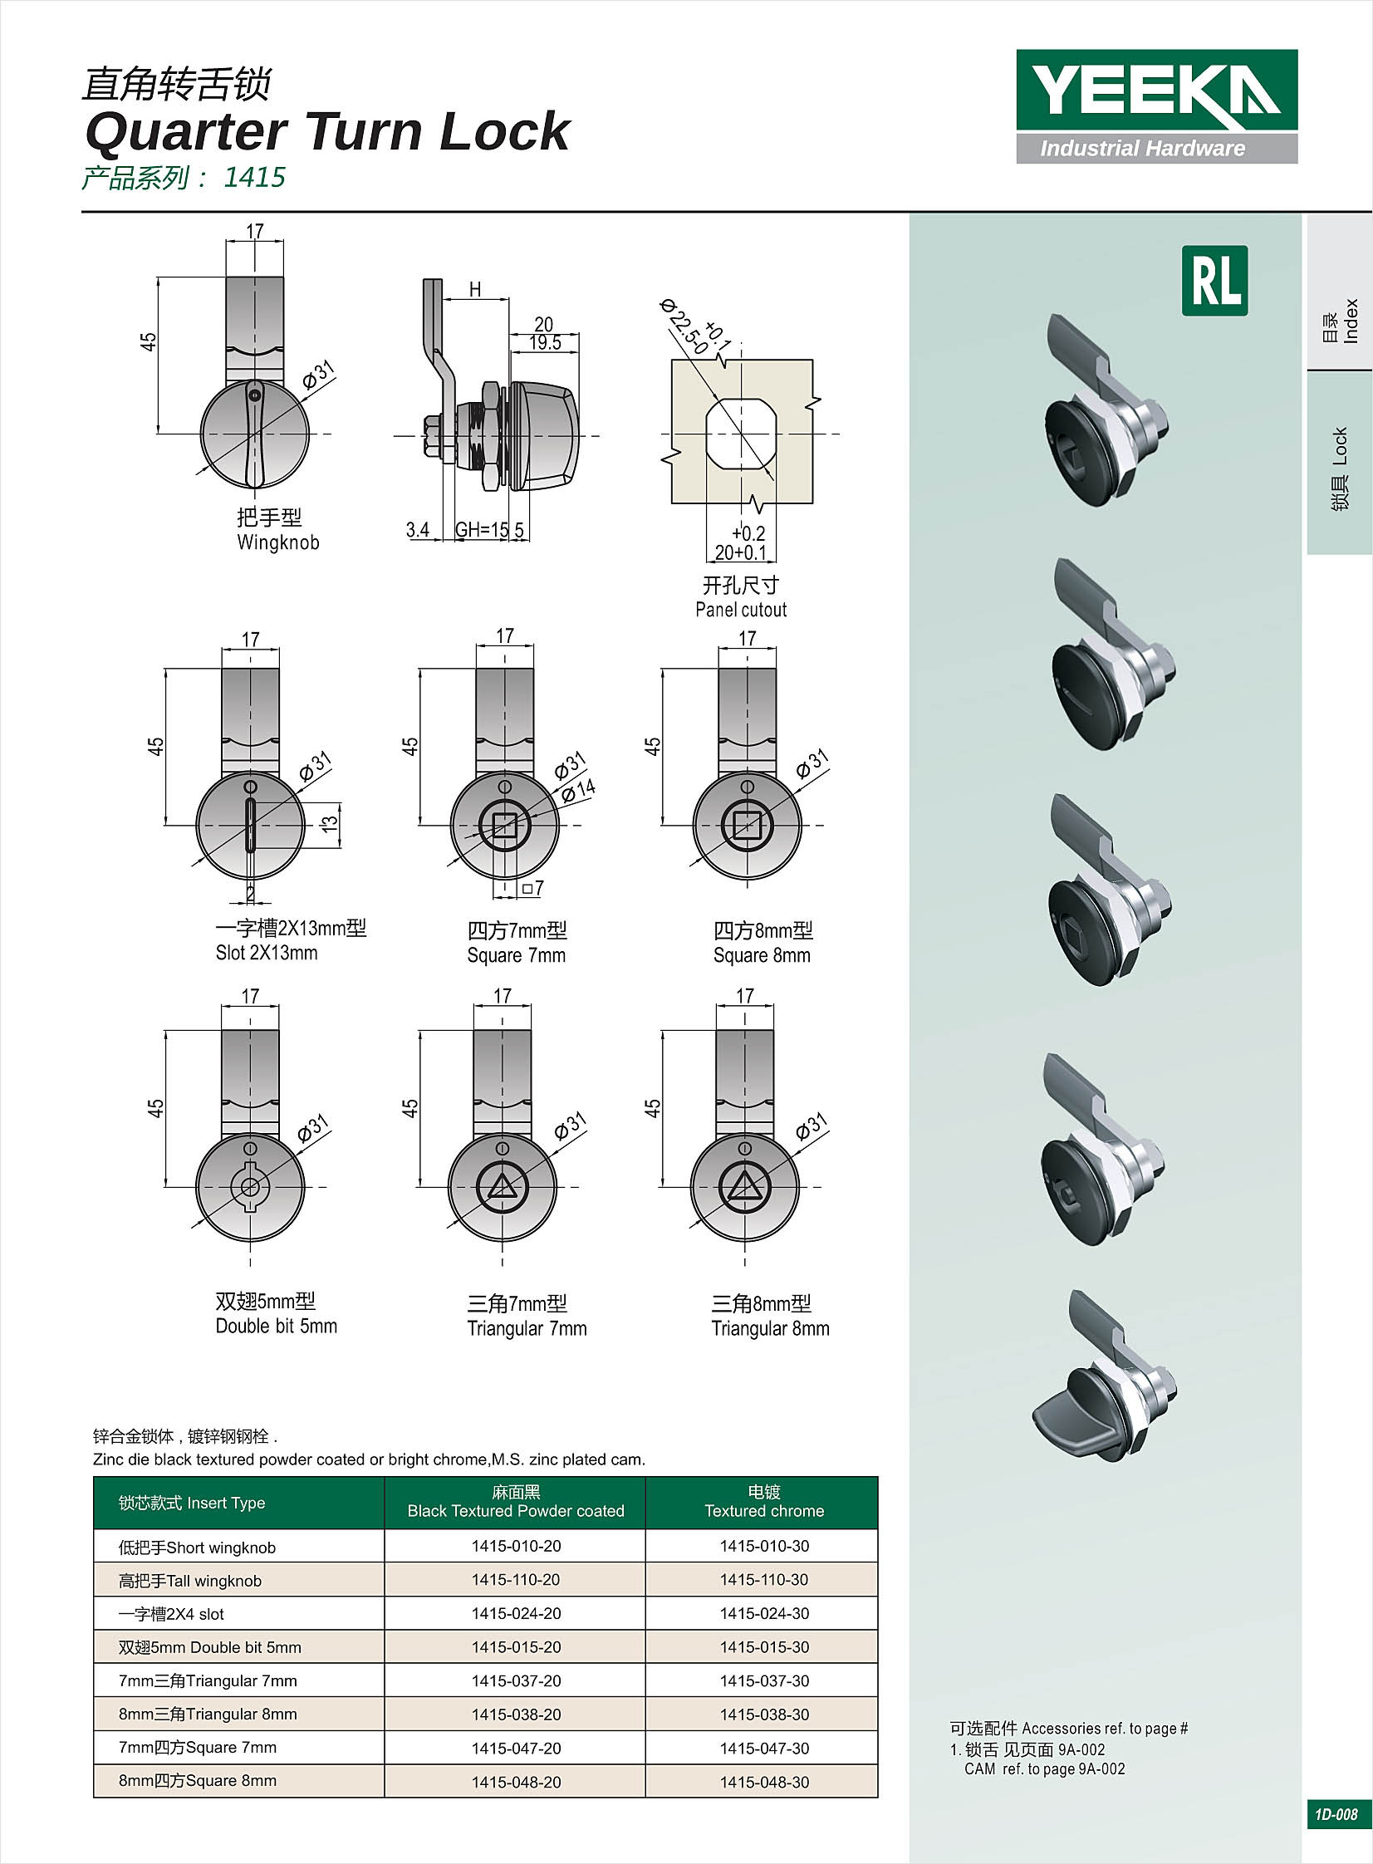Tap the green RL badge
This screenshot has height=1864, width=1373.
pos(1214,280)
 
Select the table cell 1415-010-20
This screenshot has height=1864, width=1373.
pos(515,1546)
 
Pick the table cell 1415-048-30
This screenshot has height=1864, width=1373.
pos(764,1782)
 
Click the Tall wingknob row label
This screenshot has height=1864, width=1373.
pos(190,1581)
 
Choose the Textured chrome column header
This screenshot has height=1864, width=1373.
pos(764,1503)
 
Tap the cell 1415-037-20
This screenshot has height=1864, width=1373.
pos(515,1680)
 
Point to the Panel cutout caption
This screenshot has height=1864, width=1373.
pos(741,609)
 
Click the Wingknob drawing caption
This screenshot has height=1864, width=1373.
pos(277,542)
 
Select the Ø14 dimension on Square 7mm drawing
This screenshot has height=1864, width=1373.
pos(577,789)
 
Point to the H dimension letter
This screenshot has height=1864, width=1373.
pos(474,289)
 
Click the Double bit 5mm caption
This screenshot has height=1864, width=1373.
pos(276,1326)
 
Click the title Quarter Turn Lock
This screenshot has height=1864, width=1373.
pos(326,131)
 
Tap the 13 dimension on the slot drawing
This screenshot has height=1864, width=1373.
pos(330,823)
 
